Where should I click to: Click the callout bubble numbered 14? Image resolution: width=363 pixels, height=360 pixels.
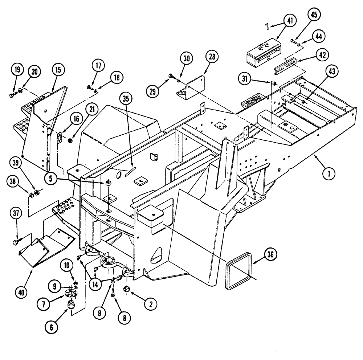click(x=96, y=275)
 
